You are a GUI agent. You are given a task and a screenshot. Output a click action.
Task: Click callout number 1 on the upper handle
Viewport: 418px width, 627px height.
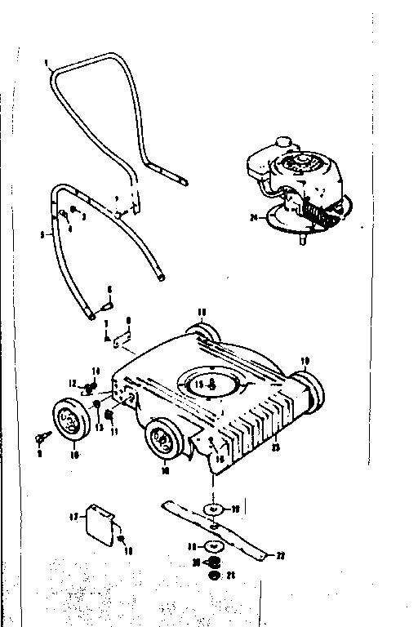tap(48, 62)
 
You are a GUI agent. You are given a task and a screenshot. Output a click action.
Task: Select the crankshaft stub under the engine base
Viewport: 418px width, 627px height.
tap(303, 240)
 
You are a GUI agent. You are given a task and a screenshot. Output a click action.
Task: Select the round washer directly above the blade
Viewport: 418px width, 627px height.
tap(212, 509)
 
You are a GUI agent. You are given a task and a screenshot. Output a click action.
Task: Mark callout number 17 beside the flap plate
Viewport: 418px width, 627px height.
tap(72, 517)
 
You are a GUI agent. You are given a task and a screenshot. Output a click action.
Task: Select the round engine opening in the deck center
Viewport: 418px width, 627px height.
tap(211, 384)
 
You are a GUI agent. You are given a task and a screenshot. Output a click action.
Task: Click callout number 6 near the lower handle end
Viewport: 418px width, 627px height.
tap(110, 288)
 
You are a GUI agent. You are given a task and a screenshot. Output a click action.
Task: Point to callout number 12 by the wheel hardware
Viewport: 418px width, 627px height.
tap(72, 384)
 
